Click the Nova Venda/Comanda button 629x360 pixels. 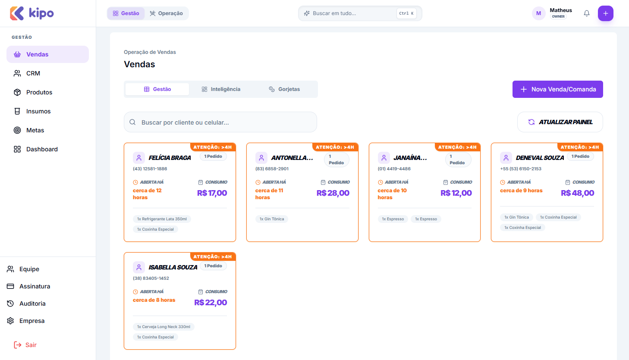coord(557,89)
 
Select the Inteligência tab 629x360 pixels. coord(221,89)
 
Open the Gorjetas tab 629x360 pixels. coord(284,89)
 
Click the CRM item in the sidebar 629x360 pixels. coord(33,73)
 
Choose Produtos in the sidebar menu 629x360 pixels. coord(39,92)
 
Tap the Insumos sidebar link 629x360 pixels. coord(38,111)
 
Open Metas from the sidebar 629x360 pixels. coord(35,130)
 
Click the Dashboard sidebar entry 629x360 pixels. coord(41,149)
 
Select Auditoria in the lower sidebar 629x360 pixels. coord(32,304)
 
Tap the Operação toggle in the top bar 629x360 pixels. coord(166,13)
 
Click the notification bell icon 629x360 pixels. coord(587,13)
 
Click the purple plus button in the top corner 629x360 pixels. coord(605,13)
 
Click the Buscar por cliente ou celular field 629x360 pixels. coord(220,122)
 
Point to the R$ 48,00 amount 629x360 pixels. coord(577,193)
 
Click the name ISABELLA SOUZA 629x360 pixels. coord(173,267)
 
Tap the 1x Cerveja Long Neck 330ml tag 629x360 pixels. coord(164,327)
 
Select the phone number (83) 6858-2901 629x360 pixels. coord(272,169)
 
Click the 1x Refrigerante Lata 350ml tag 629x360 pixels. coord(162,219)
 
